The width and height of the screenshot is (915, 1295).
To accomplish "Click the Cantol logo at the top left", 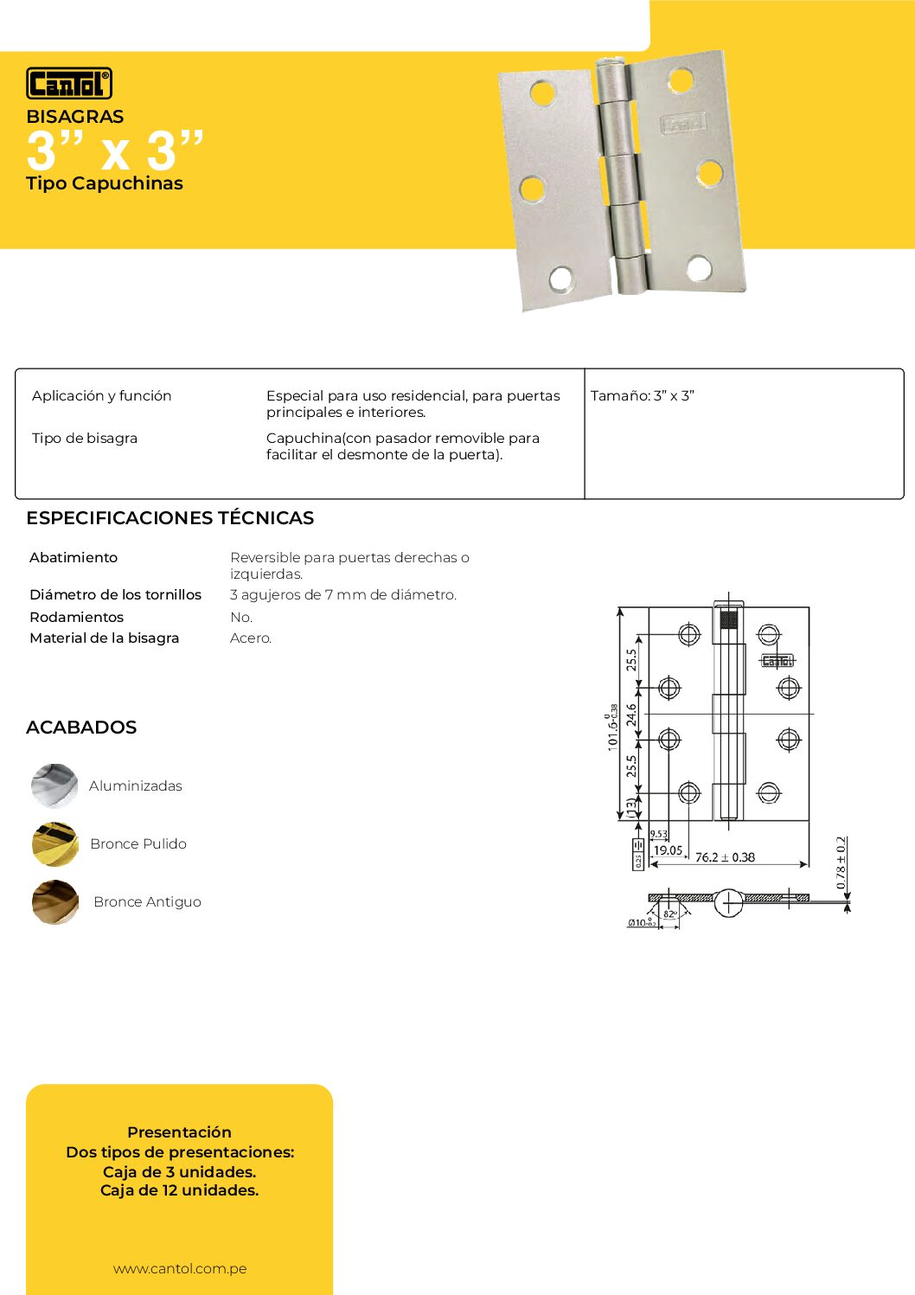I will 69,84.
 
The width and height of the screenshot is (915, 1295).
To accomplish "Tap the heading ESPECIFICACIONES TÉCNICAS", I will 170,518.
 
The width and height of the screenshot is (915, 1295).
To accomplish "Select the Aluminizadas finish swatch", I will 54,785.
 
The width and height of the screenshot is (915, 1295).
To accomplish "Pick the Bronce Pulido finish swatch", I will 54,843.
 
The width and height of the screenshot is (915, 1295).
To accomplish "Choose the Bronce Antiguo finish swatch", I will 54,901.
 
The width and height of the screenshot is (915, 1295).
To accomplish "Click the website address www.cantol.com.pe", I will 180,1269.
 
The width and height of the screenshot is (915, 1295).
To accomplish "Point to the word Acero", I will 251,638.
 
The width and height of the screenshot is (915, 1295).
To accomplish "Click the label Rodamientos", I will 76,617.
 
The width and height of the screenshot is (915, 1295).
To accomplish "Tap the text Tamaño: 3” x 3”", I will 643,395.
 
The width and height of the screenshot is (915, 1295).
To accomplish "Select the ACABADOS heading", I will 81,728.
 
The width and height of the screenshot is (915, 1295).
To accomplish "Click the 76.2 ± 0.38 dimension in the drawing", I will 725,857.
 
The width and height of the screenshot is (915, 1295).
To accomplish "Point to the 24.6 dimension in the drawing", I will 631,715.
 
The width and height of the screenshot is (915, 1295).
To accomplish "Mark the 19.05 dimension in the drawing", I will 668,850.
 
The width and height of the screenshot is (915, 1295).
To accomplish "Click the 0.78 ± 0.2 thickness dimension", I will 841,862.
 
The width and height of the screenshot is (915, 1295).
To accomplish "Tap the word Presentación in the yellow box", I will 179,1132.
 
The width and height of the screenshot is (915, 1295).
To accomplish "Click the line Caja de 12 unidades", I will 179,1190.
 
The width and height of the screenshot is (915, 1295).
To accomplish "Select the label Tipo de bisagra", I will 85,438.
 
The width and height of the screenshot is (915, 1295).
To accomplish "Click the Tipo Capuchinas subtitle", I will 105,183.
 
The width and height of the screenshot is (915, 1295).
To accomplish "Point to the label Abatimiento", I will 74,558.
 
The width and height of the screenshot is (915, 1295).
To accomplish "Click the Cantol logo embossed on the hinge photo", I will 683,124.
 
